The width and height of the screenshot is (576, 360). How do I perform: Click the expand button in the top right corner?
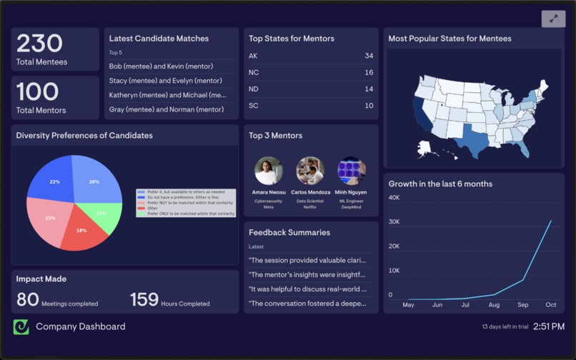coord(553,19)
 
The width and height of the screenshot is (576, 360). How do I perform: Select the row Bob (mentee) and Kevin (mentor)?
coord(161,66)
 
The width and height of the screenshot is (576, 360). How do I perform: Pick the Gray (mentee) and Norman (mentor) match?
coord(166,109)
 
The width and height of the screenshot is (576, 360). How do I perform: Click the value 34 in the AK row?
coord(369,56)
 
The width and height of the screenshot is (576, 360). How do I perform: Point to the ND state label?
coord(254,89)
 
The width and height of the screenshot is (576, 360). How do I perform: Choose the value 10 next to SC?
coord(369,106)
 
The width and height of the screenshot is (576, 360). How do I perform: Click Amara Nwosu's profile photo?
coord(269,171)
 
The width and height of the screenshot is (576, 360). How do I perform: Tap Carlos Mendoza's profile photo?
coord(310,171)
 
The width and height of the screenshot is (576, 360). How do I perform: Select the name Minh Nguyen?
coord(352,192)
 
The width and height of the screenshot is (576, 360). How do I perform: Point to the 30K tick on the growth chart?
coord(394,222)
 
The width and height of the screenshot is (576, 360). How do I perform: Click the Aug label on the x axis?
coord(494,305)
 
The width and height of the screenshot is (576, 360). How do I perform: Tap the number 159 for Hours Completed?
coord(144,299)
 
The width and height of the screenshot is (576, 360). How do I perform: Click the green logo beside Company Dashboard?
coord(21,326)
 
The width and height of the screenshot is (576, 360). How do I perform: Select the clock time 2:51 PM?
coord(549,326)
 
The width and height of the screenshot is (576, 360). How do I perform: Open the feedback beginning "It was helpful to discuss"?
coord(307,289)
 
